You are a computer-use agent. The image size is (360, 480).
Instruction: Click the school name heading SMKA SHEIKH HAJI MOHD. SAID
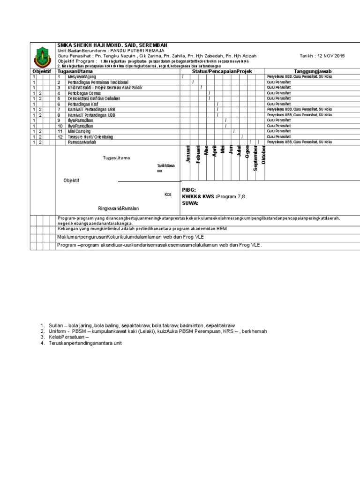coord(112,45)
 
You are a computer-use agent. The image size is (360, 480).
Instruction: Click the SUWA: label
coord(190,203)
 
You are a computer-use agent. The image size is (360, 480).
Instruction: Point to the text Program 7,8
coord(233,197)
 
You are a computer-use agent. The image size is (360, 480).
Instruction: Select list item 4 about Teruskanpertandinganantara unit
coord(84,343)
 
